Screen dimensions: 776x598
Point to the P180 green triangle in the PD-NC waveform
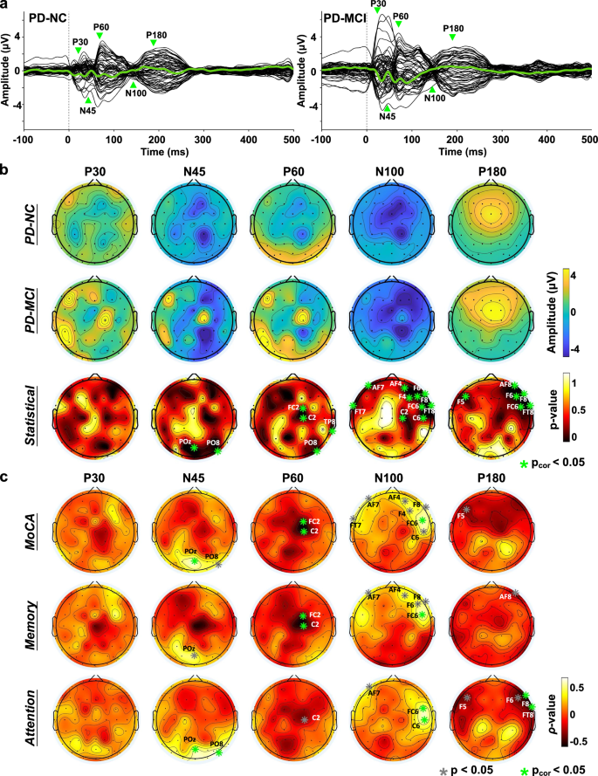click(x=154, y=43)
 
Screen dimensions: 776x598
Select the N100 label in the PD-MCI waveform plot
click(x=435, y=98)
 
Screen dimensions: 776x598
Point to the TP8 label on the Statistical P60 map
click(x=329, y=422)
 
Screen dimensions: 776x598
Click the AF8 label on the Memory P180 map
click(x=504, y=597)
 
